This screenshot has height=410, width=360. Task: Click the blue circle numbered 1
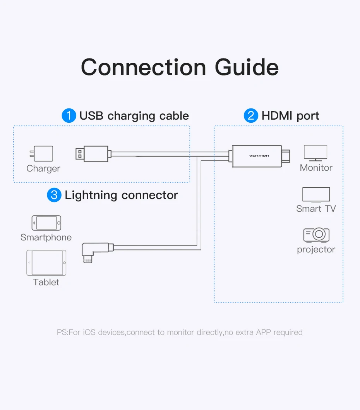[x=69, y=116]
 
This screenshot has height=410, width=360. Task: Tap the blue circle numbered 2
[x=251, y=116]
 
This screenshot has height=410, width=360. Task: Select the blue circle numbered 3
[x=54, y=195]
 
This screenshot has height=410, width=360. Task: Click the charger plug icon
[x=41, y=153]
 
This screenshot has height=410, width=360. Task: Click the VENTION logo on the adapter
[x=259, y=156]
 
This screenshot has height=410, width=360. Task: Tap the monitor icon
[x=315, y=153]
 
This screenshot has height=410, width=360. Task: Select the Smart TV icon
[x=316, y=195]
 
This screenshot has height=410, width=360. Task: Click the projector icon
[x=316, y=235]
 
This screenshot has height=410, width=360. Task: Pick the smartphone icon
[x=46, y=223]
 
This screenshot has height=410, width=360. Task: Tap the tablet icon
[x=46, y=263]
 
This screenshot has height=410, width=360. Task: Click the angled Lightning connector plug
[x=97, y=252]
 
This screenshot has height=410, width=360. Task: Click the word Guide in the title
[x=247, y=67]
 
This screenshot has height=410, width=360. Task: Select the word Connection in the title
[x=144, y=67]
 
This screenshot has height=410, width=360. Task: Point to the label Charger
[x=43, y=169]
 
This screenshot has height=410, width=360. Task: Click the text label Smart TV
[x=316, y=209]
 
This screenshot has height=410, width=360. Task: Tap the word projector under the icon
[x=316, y=249]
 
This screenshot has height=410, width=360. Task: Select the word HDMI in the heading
[x=277, y=116]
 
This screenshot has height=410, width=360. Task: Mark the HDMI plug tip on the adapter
[x=286, y=156]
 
